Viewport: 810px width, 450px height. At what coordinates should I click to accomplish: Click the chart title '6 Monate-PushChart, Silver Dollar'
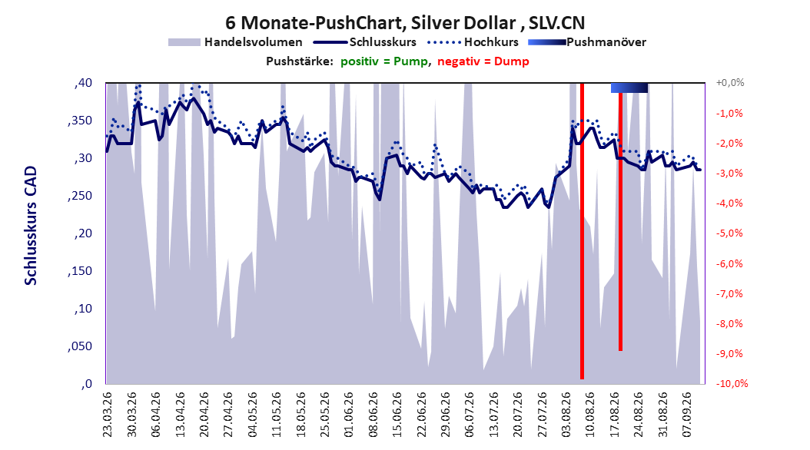pos(370,23)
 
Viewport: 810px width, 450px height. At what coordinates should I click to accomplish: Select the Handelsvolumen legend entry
pos(235,42)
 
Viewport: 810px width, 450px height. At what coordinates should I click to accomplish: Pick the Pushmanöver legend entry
pos(587,42)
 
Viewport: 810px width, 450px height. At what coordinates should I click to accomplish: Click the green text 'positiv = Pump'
pos(384,61)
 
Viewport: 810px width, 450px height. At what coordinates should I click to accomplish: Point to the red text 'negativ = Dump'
pos(483,61)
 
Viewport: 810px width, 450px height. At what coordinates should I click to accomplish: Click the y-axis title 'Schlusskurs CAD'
pos(31,226)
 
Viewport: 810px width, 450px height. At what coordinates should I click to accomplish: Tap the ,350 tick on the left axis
pos(80,121)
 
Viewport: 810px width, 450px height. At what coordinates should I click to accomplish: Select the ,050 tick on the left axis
pos(80,346)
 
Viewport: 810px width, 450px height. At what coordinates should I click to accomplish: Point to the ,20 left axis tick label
pos(83,233)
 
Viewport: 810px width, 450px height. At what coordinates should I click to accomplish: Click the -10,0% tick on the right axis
pos(732,383)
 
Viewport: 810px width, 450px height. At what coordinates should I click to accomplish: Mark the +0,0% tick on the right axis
pos(730,83)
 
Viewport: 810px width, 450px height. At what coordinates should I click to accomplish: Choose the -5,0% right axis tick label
pos(729,233)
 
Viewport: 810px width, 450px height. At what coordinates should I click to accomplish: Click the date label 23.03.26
pos(108,415)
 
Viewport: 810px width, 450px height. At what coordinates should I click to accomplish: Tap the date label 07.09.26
pos(687,415)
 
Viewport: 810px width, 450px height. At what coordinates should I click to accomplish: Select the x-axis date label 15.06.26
pos(397,415)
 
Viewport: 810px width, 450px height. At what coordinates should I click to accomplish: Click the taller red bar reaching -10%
pos(583,231)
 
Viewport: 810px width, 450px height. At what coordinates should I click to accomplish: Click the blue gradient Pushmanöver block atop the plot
pos(629,88)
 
